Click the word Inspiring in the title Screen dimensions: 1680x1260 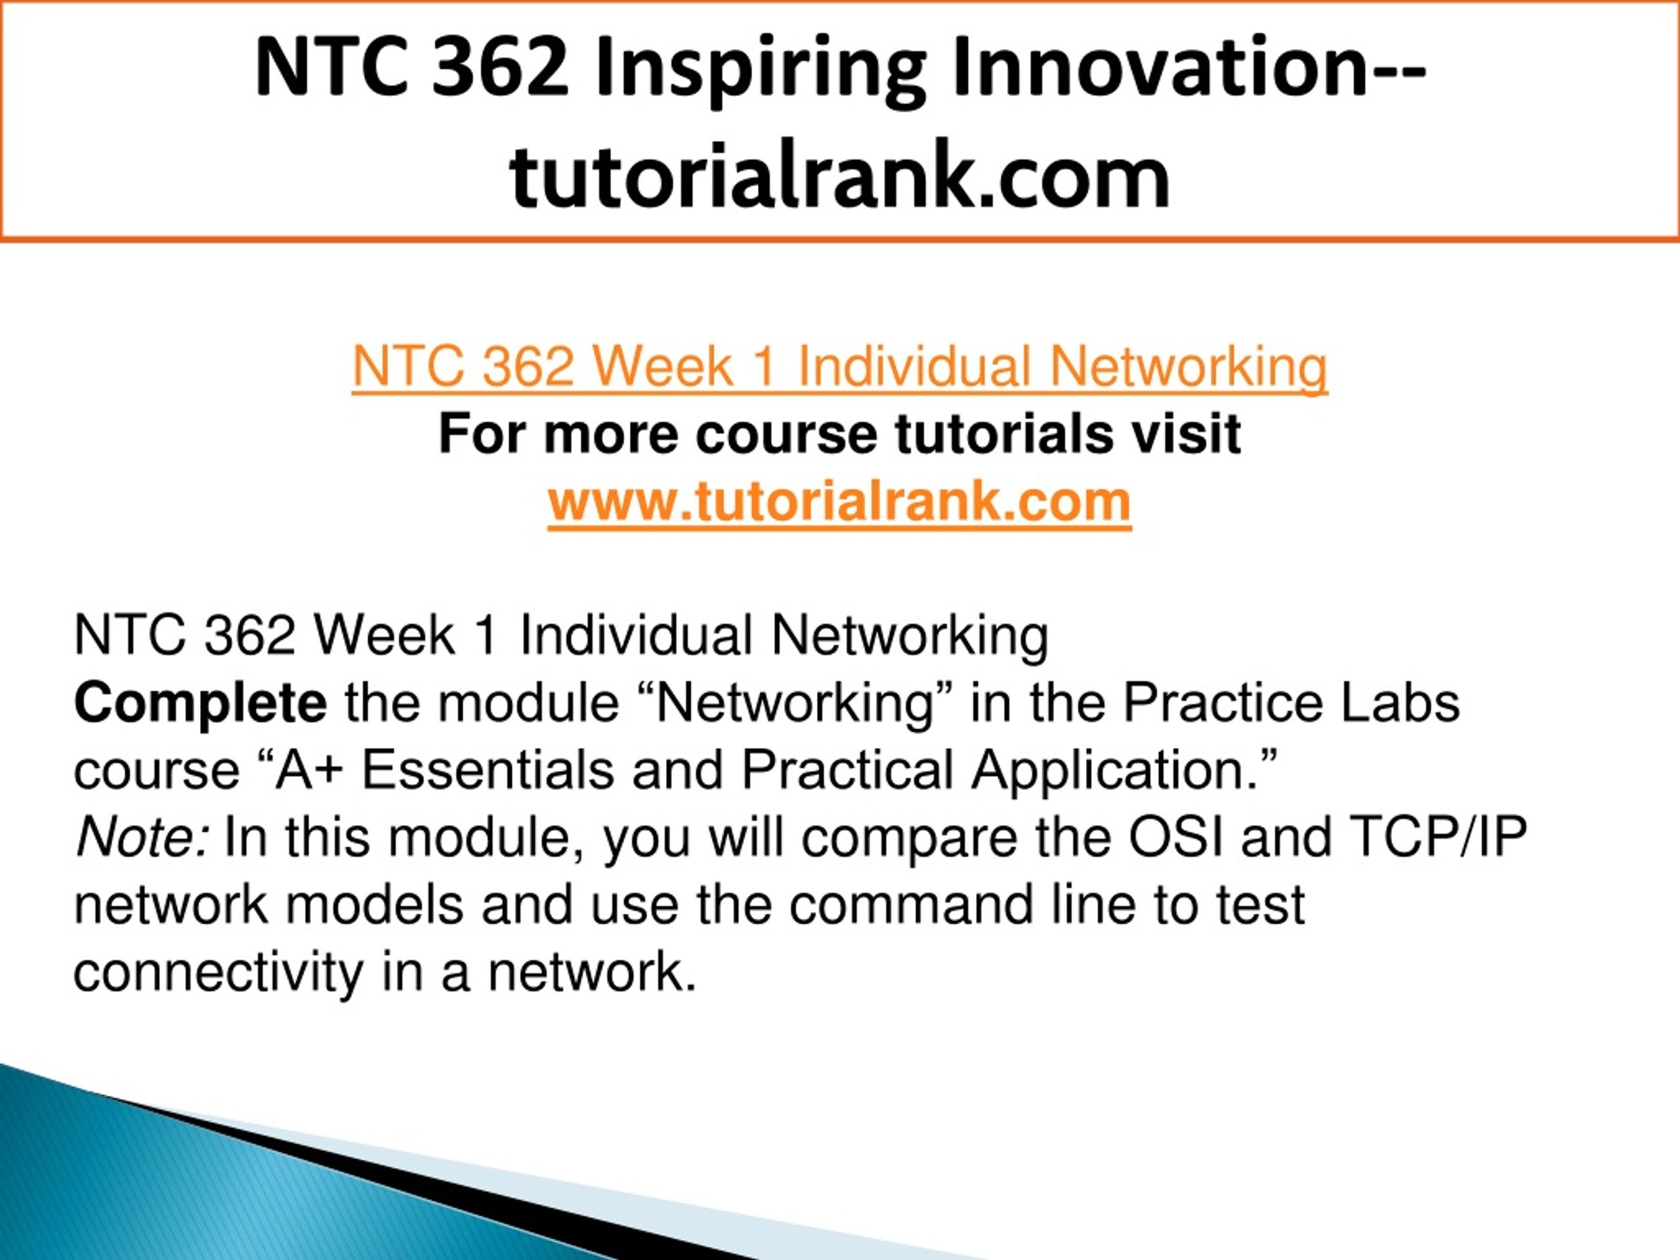tap(762, 72)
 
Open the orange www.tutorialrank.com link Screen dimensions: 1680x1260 tap(840, 502)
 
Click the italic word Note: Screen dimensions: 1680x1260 tap(142, 836)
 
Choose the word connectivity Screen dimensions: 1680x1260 tap(219, 973)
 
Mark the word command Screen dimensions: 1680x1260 tap(912, 904)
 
